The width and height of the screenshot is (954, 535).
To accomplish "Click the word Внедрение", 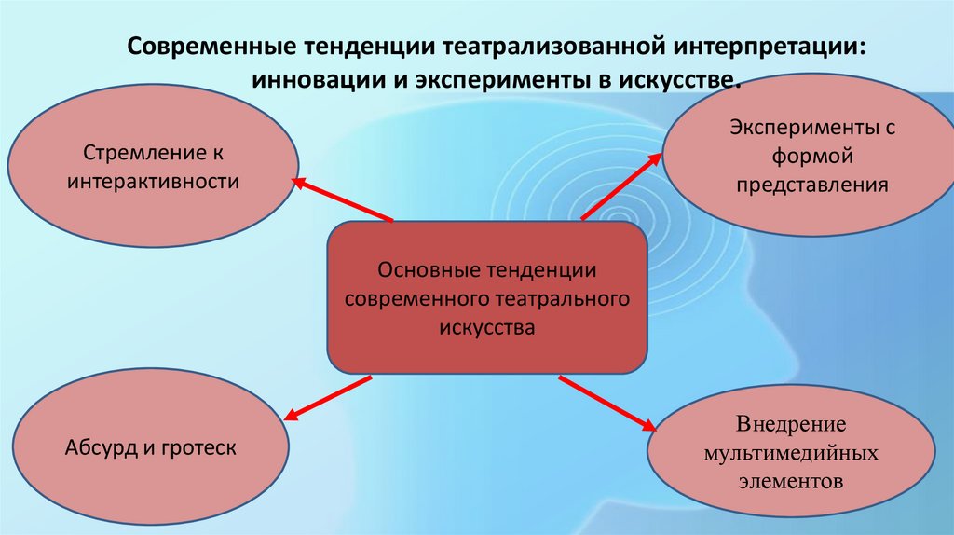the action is [791, 424].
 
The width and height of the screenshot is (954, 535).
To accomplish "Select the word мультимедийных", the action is [791, 454].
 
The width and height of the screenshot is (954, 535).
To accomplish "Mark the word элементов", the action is [791, 483].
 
